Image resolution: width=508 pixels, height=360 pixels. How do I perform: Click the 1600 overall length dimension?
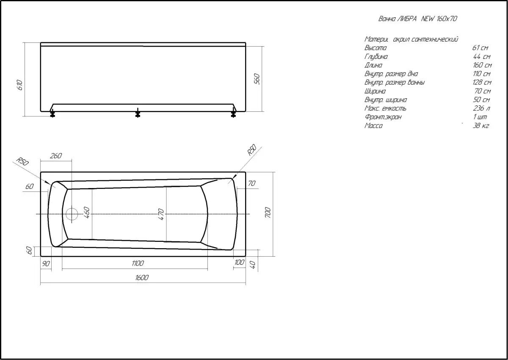[142, 277]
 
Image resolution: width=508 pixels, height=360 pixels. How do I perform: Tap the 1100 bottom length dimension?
[138, 263]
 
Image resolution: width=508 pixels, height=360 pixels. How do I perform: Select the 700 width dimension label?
[268, 212]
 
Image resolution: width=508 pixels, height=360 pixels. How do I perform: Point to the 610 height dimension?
[20, 85]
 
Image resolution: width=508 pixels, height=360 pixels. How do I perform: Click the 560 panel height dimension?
[257, 79]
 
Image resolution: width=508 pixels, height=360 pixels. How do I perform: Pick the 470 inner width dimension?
[161, 214]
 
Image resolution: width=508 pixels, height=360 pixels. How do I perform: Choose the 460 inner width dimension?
[87, 212]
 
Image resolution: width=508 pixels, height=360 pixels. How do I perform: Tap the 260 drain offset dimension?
[56, 155]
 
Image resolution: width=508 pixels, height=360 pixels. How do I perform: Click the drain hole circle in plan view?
[72, 214]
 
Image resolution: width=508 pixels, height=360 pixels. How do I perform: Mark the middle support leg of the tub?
[138, 113]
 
